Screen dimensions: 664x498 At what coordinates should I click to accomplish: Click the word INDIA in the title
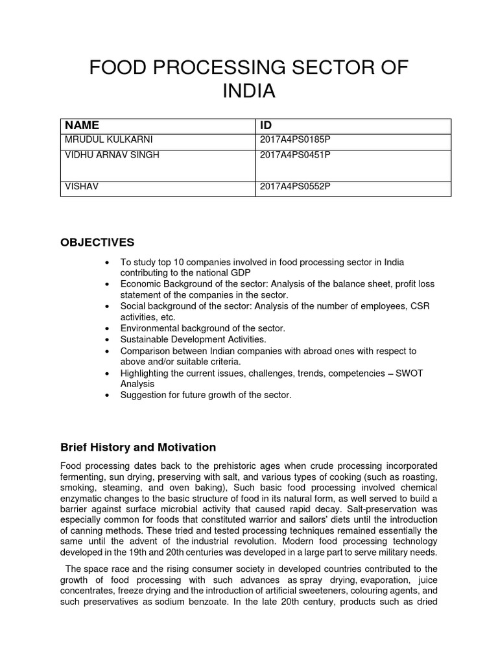249,91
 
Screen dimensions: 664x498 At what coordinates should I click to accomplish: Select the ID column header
266,125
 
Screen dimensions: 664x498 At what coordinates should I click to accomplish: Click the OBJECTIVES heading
97,243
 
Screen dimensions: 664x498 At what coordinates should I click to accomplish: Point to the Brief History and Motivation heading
137,447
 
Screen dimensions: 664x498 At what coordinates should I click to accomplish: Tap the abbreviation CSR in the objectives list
421,306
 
